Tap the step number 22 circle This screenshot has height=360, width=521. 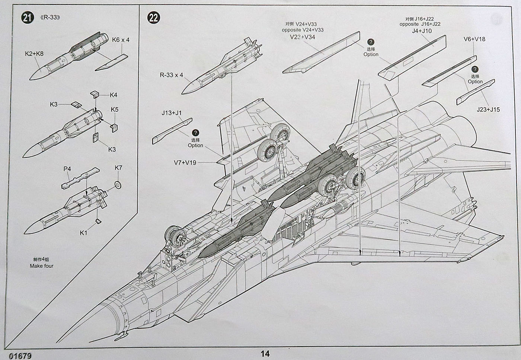[x=153, y=17]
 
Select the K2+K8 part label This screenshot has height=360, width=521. [x=34, y=54]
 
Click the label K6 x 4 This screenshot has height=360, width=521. [x=121, y=40]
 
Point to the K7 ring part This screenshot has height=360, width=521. [x=118, y=184]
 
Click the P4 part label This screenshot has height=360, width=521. [x=67, y=169]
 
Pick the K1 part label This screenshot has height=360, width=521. [x=84, y=233]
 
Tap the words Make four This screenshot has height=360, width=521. [x=42, y=266]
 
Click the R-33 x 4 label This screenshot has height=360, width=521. [x=171, y=75]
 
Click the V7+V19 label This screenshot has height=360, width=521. [x=185, y=163]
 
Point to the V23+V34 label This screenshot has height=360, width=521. [x=303, y=37]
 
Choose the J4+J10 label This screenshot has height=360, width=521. [x=422, y=31]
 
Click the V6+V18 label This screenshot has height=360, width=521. [x=474, y=39]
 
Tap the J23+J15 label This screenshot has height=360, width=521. [x=488, y=109]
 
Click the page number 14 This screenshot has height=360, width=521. [x=265, y=353]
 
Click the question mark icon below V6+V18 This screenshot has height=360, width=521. [x=475, y=70]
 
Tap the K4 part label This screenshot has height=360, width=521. [x=114, y=95]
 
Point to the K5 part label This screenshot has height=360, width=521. [x=115, y=110]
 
